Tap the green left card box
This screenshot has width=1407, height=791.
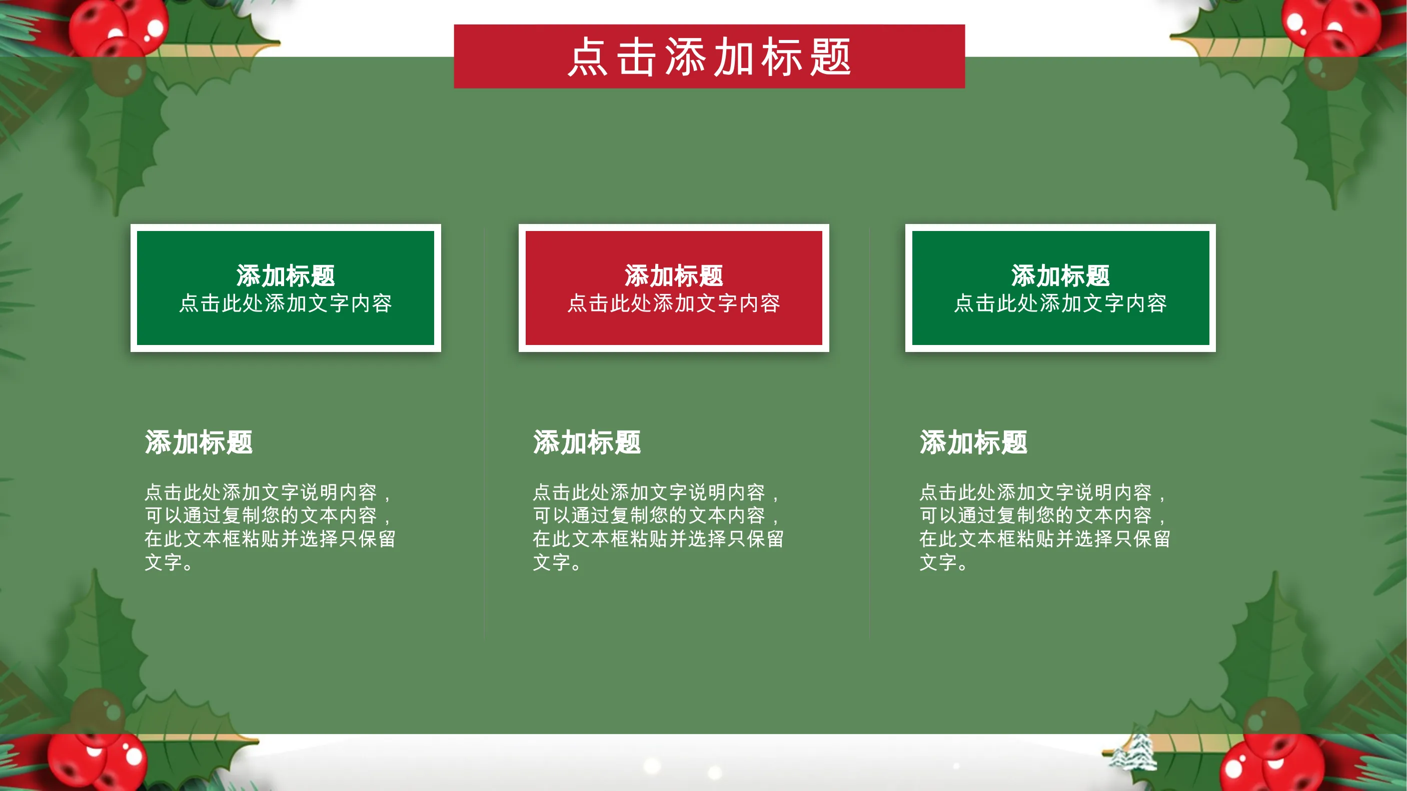click(x=286, y=287)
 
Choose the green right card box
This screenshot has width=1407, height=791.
click(x=1060, y=287)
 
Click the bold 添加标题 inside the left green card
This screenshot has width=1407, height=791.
click(x=286, y=275)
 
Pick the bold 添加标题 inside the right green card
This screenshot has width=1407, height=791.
click(x=1060, y=275)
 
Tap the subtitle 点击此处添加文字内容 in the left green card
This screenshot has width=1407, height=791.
click(x=286, y=303)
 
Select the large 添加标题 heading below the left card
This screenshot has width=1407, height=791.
click(x=199, y=441)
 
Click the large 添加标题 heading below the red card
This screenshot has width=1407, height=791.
click(x=587, y=441)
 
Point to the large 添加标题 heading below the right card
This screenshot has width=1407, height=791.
click(x=973, y=441)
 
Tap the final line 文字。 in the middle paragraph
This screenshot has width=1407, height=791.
click(x=557, y=562)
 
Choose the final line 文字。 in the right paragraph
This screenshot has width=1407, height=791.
click(x=944, y=562)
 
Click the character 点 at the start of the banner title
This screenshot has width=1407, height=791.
click(x=588, y=57)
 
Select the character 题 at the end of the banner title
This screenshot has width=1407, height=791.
click(x=831, y=57)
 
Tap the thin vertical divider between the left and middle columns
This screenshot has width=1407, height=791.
click(x=485, y=432)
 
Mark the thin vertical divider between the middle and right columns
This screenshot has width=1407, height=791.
click(x=869, y=432)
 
